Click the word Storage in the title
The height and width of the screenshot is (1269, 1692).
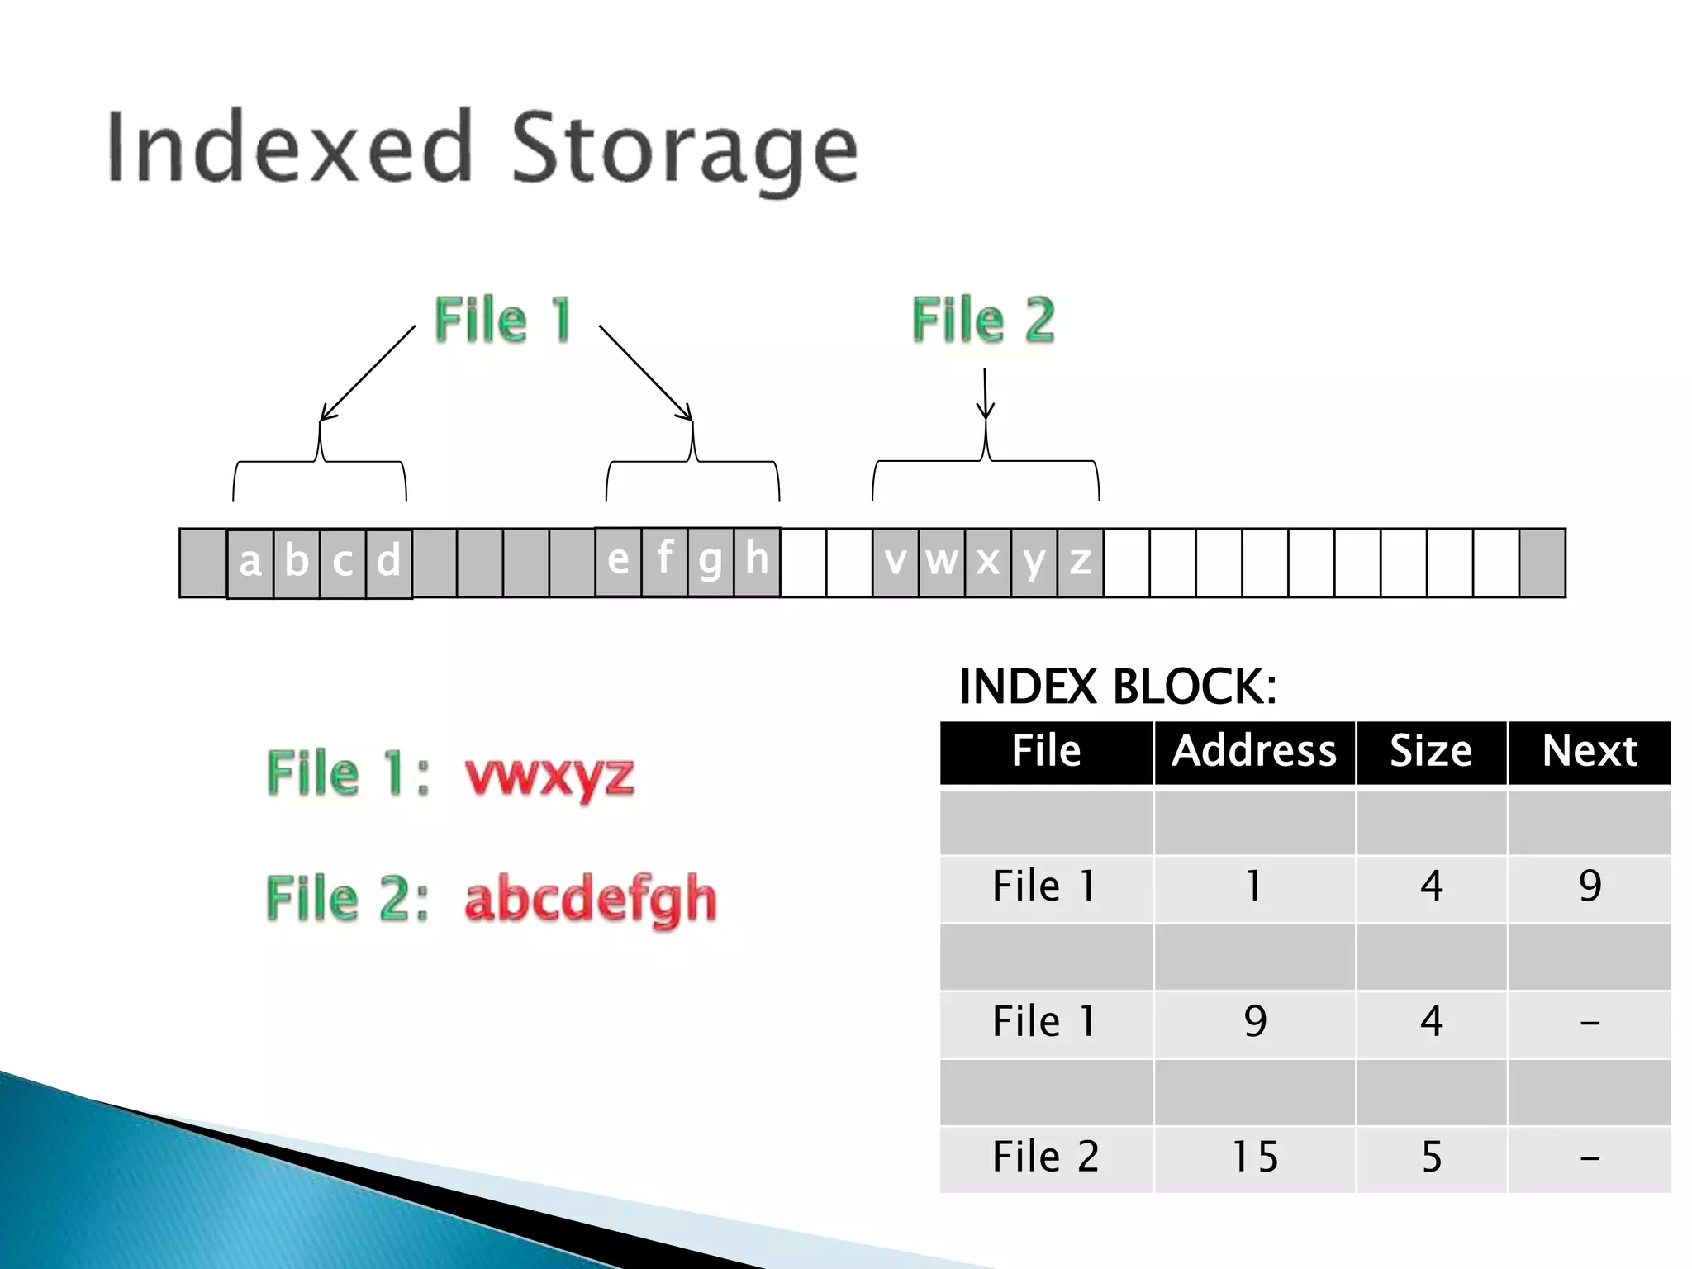pyautogui.click(x=684, y=149)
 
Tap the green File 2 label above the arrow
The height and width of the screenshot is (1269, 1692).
pyautogui.click(x=983, y=320)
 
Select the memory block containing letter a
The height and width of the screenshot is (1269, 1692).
pyautogui.click(x=250, y=563)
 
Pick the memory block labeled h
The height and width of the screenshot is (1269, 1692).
pyautogui.click(x=757, y=561)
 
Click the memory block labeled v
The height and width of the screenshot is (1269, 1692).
pyautogui.click(x=896, y=563)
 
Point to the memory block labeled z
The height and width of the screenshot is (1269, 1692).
pyautogui.click(x=1081, y=563)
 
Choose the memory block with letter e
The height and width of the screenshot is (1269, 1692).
pyautogui.click(x=618, y=561)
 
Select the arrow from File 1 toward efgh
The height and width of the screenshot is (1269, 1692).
pyautogui.click(x=645, y=373)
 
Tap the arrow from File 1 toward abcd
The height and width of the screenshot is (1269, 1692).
pyautogui.click(x=368, y=373)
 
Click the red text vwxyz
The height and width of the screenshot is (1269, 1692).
pyautogui.click(x=549, y=775)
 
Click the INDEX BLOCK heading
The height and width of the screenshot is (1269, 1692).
pyautogui.click(x=1117, y=687)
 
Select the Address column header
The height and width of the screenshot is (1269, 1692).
pyautogui.click(x=1254, y=751)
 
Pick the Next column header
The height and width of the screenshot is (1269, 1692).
pyautogui.click(x=1590, y=751)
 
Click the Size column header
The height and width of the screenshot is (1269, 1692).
pyautogui.click(x=1431, y=751)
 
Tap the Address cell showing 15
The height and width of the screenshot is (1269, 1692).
pyautogui.click(x=1254, y=1157)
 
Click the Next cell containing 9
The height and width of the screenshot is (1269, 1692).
pyautogui.click(x=1590, y=886)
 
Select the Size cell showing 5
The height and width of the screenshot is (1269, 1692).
pyautogui.click(x=1431, y=1157)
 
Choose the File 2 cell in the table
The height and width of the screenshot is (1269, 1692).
pyautogui.click(x=1046, y=1157)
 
